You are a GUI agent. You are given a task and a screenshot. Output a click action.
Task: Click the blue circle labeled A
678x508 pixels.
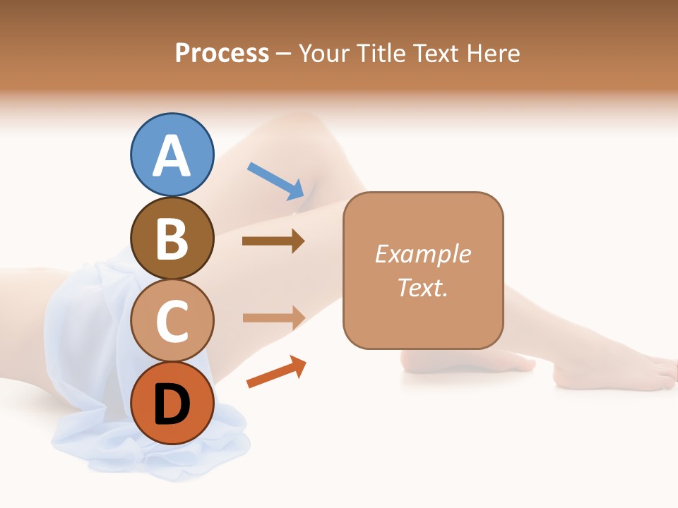tap(172, 155)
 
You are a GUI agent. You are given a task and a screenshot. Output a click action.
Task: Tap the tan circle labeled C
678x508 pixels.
tap(172, 321)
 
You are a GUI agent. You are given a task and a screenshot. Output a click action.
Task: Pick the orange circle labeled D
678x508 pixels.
tap(172, 403)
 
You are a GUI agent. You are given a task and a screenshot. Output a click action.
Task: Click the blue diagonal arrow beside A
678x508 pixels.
tap(276, 180)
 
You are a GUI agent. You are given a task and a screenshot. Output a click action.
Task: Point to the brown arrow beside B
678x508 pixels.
tap(273, 241)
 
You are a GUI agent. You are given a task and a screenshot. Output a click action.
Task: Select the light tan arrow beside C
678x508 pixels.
tap(273, 317)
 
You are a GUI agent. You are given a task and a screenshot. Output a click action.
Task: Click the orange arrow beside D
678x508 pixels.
tap(276, 372)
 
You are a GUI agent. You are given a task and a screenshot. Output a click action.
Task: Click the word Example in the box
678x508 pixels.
tap(422, 254)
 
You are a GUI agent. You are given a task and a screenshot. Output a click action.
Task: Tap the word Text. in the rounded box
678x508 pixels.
tap(422, 287)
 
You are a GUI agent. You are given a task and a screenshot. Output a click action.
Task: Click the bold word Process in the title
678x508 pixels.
tap(222, 53)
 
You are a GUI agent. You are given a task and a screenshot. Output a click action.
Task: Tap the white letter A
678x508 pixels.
tap(172, 156)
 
